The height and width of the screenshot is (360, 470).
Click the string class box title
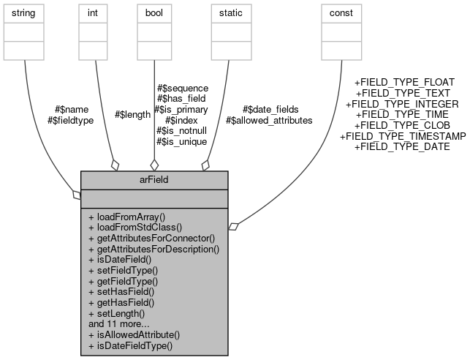coord(24,12)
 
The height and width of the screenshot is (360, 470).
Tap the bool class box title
coord(154,12)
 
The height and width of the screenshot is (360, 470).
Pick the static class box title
coord(227,12)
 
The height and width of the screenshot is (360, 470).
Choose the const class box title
coord(341,12)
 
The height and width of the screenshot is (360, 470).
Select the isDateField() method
coord(120,260)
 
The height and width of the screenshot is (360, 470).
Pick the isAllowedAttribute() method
coord(134,334)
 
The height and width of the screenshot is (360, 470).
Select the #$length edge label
coord(133,115)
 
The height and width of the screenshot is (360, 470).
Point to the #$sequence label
coord(183,88)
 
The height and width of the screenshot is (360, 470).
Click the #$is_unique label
coord(181,141)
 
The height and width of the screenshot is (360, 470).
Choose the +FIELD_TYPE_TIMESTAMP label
coord(403,136)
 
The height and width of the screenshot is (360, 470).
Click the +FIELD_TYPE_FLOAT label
coord(404,83)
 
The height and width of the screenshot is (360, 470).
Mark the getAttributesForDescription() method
coord(153,249)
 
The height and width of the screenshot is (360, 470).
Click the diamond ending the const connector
coord(232,228)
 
